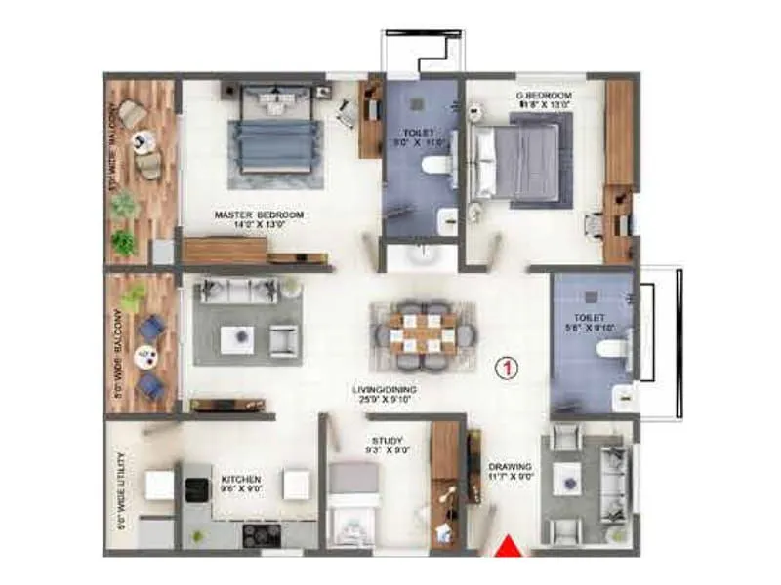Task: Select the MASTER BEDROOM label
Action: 259,214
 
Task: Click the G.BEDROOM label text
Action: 544,96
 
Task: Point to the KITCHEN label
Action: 239,480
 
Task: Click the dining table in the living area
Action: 423,329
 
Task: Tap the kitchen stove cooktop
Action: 263,533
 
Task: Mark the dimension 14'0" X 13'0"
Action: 258,225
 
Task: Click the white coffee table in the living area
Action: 236,338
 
